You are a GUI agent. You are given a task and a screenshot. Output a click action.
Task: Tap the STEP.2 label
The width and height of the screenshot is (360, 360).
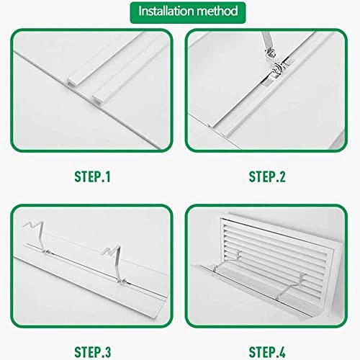point(269,175)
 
